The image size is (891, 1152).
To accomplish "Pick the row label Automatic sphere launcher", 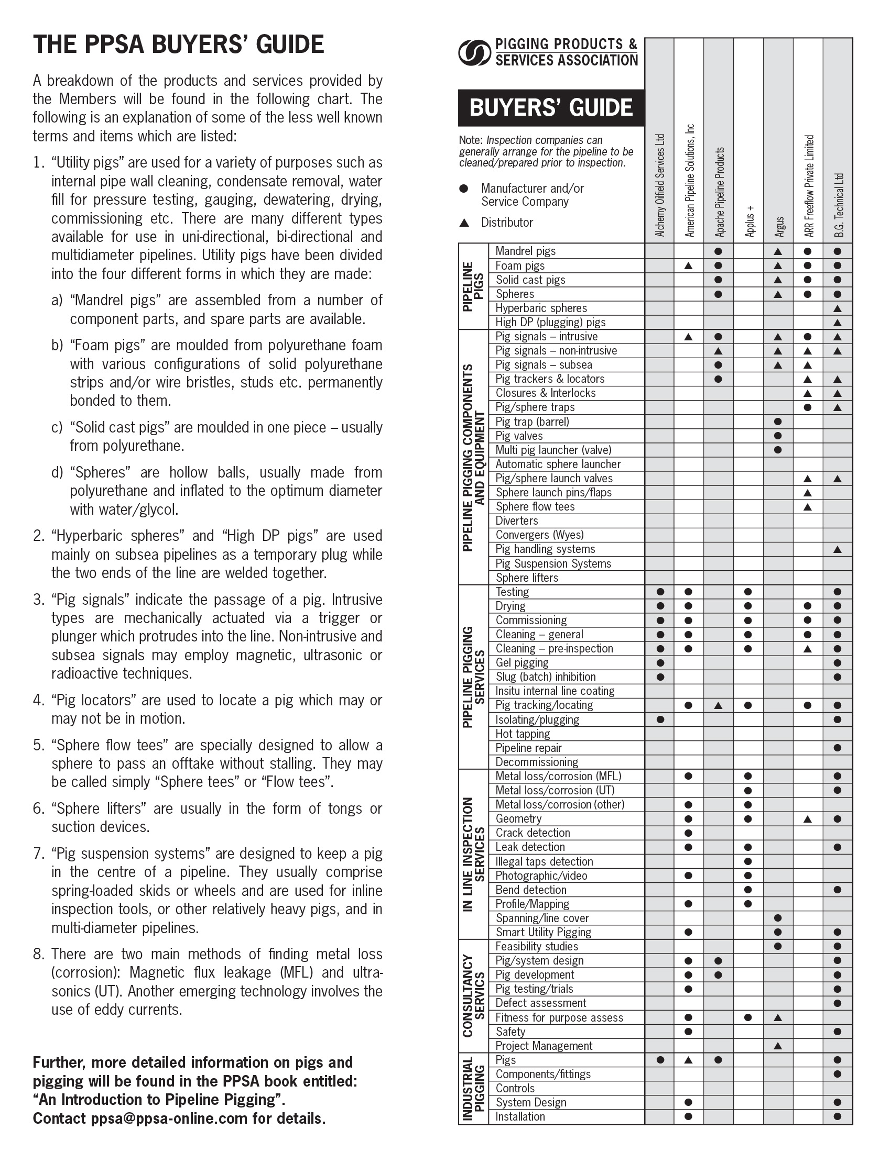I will click(x=558, y=464).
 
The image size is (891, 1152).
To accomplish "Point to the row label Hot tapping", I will click(x=522, y=734).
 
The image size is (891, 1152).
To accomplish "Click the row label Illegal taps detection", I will click(x=544, y=861).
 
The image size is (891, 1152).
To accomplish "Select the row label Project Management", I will click(x=544, y=1046).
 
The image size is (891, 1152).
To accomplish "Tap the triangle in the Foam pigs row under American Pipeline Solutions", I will click(x=688, y=266).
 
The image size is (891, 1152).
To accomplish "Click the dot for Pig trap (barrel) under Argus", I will click(x=777, y=422).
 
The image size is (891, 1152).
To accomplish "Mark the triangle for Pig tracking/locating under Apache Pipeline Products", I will click(x=718, y=705).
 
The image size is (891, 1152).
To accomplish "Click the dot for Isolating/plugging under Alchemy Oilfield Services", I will click(x=660, y=719).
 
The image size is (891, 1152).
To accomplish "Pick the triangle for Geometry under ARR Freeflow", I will click(x=808, y=819).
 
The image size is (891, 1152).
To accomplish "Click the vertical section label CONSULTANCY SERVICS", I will click(x=473, y=995).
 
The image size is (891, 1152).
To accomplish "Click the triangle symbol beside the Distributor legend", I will click(x=464, y=223).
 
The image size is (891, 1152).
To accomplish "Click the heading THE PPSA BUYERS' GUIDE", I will click(x=178, y=45).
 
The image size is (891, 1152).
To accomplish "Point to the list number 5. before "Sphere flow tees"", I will click(x=38, y=745).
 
